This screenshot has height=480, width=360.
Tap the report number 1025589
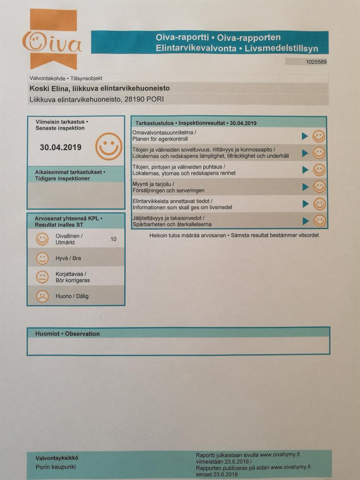click(x=316, y=62)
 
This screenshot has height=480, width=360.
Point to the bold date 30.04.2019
click(x=61, y=147)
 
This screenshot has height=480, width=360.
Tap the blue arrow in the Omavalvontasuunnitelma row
click(x=305, y=136)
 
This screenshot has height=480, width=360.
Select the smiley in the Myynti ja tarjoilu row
click(x=319, y=187)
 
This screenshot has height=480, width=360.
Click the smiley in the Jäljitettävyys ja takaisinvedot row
click(x=319, y=221)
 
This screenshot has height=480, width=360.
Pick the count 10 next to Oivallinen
click(x=113, y=239)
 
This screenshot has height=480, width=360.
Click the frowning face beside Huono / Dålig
click(x=42, y=296)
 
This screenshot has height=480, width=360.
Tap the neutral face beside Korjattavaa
click(x=42, y=277)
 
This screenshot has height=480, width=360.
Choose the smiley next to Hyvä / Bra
click(x=42, y=258)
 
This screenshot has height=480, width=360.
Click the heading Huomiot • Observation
click(x=67, y=334)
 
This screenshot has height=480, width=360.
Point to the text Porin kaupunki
click(x=55, y=467)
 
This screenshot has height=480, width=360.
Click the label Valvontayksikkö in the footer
click(x=57, y=458)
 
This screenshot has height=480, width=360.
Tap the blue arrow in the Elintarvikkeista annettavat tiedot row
click(x=305, y=204)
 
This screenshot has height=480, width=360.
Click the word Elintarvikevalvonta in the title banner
click(x=196, y=48)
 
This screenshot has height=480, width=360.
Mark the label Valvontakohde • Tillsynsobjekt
click(x=66, y=78)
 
